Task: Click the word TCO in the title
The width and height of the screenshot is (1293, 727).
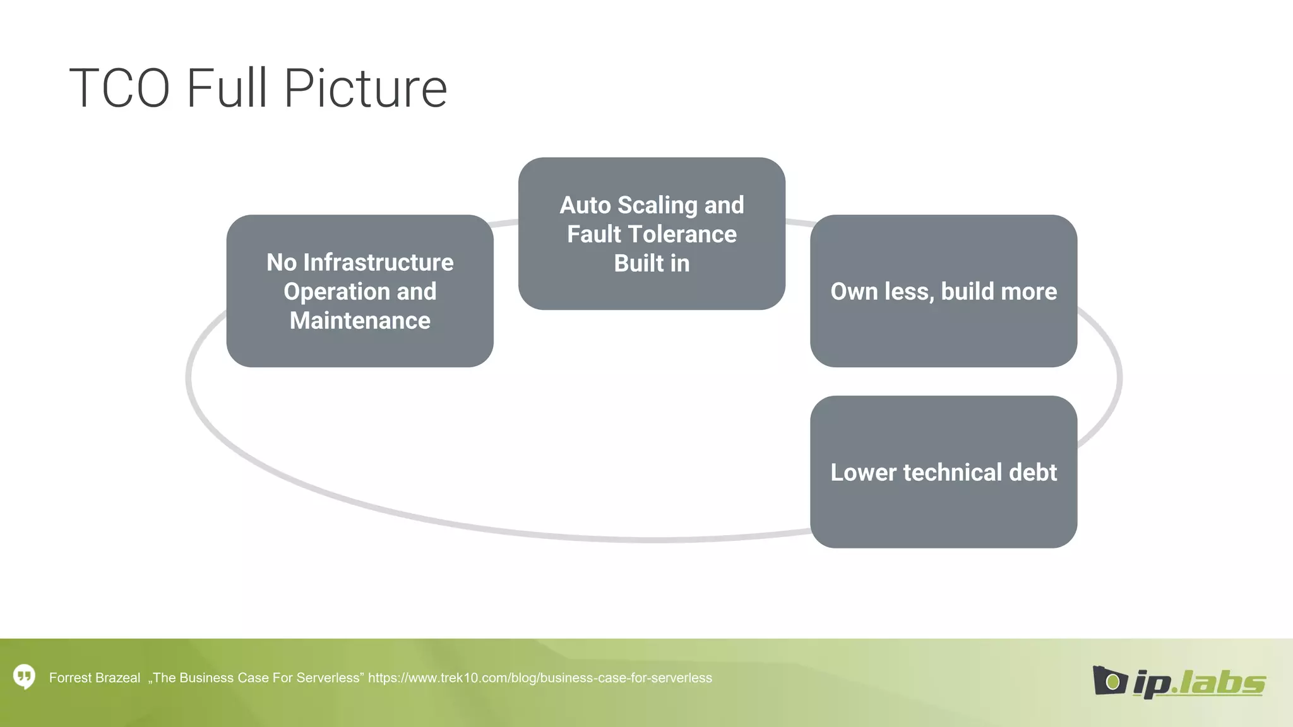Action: click(x=119, y=88)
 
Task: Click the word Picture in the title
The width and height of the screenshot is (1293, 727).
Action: click(x=366, y=88)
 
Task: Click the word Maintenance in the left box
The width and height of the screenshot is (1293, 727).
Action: click(x=360, y=321)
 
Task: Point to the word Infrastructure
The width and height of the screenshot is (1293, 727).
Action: click(x=378, y=263)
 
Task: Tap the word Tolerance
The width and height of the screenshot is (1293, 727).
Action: click(x=682, y=234)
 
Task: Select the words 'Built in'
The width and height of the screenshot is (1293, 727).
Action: click(x=652, y=263)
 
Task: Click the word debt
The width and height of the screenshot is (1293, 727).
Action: click(x=1033, y=473)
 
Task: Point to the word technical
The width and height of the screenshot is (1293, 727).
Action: click(x=953, y=473)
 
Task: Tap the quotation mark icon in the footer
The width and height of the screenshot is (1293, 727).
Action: click(x=25, y=677)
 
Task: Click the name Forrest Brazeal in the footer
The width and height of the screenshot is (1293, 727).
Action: click(x=95, y=678)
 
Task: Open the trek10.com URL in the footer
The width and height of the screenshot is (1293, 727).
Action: click(x=540, y=678)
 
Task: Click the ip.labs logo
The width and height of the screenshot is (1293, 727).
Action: click(x=1179, y=682)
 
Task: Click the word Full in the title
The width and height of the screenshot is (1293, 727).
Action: click(x=227, y=88)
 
